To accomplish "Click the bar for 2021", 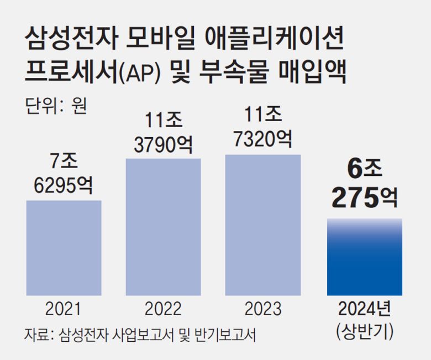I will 64,247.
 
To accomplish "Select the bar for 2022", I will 164,226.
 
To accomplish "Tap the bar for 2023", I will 263,224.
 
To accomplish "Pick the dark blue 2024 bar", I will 365,257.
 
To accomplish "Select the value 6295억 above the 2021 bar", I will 64,185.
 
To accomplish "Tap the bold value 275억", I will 365,197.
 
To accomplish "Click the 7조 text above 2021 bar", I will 64,162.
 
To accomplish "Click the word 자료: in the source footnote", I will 38,335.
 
